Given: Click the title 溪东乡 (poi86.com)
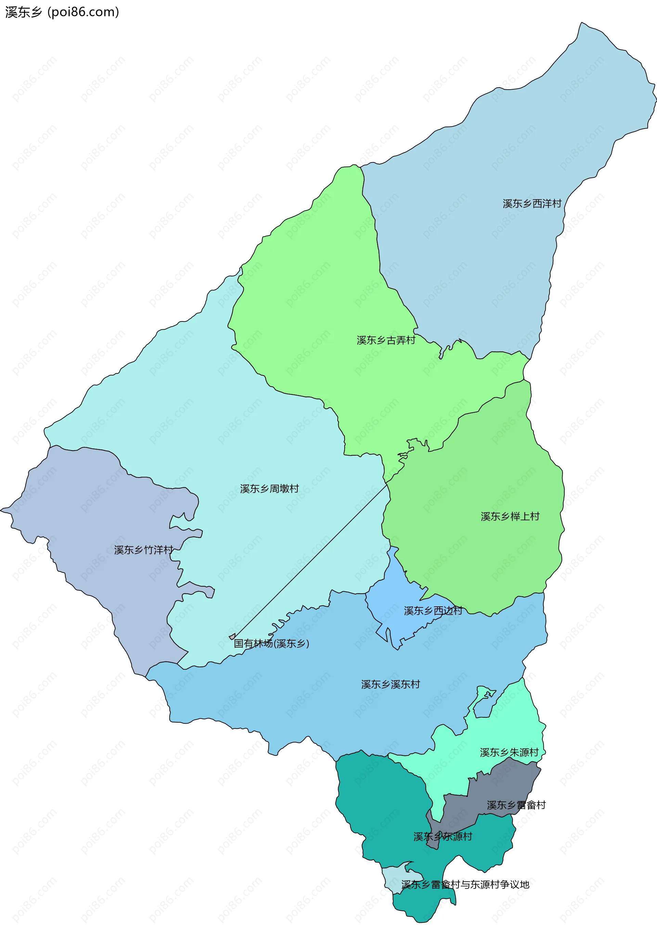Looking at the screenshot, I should pos(62,12).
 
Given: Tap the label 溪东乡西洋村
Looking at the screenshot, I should pos(532,204).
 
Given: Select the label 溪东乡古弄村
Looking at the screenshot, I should pos(386,340).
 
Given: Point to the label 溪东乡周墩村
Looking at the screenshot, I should pos(269,489).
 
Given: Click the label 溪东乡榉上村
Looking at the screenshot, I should pos(510,516).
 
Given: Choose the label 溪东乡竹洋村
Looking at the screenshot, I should pos(143,550).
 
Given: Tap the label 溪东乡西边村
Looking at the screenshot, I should pos(433,611).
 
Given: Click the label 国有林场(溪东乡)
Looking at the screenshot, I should pos(271,643).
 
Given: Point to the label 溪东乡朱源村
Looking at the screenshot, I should pos(509,752).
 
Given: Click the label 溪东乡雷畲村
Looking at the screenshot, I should pos(516,805).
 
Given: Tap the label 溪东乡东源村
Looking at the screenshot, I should pos(442,836).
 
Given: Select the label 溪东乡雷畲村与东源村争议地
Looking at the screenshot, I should pos(465,884).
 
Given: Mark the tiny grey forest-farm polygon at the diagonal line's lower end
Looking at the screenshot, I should pos(232,637).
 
